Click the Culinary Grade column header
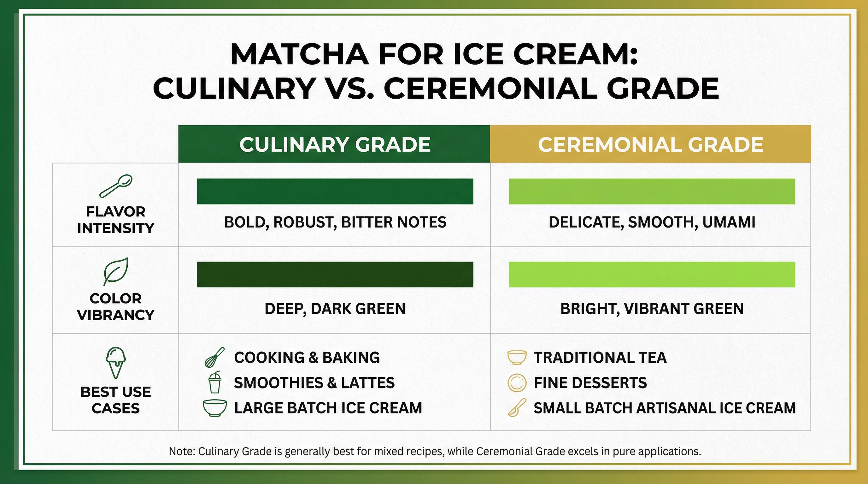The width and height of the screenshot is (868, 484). point(334,144)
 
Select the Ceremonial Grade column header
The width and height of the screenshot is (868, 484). point(650,144)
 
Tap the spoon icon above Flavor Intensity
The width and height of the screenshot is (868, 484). point(115,186)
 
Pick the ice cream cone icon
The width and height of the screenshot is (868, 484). point(115,362)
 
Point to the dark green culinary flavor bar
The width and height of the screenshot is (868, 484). point(335,191)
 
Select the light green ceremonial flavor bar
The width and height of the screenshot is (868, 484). point(652,191)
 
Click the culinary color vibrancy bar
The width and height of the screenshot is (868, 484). point(335,274)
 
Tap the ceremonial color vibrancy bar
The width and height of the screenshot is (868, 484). point(652,274)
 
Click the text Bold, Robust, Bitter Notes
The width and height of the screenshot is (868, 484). point(335,222)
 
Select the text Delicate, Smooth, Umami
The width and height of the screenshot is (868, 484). point(652,222)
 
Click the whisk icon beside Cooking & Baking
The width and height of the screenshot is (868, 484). point(214,357)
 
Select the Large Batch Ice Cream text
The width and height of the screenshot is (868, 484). point(328,408)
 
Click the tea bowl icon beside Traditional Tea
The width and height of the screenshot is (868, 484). point(517,357)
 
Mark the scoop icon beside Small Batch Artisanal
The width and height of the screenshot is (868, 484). point(517,408)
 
